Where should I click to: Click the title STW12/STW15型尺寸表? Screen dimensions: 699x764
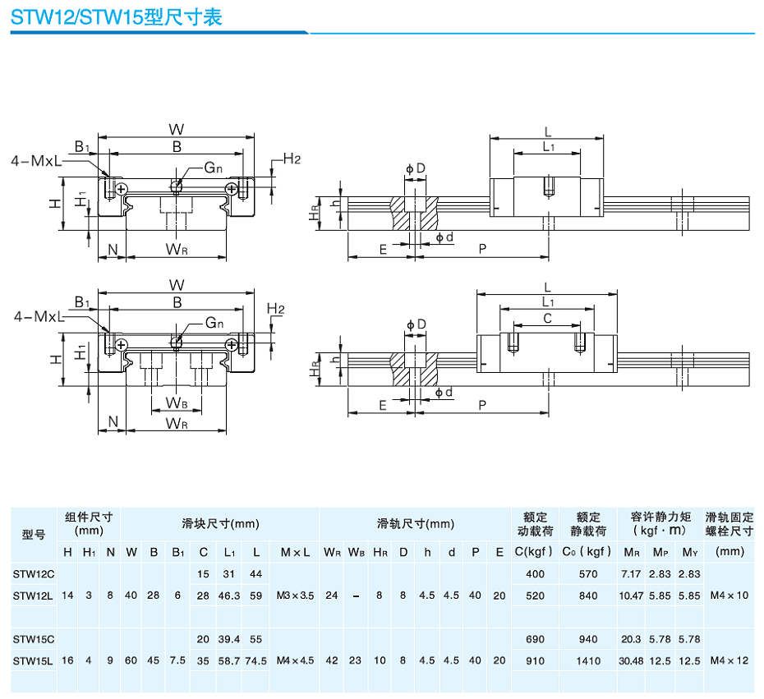116,17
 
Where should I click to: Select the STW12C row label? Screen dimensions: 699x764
33,573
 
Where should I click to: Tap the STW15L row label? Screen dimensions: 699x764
33,660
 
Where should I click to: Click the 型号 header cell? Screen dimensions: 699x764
33,535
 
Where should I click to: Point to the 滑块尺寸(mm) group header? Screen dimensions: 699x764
220,523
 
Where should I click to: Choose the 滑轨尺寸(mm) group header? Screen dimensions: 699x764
415,523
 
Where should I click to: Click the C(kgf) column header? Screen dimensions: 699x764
535,551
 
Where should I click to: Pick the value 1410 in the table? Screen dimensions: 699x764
588,660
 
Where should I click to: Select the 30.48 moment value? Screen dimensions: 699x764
631,660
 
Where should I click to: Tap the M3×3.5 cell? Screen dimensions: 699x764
296,596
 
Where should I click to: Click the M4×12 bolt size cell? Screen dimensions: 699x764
729,660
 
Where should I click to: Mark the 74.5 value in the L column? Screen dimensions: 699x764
256,660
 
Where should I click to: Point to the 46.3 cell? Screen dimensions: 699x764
230,596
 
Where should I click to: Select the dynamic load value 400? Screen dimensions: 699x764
535,573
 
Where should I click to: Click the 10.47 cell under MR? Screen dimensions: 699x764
631,596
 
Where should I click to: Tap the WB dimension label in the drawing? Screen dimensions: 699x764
176,402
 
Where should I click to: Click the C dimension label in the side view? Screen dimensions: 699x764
547,318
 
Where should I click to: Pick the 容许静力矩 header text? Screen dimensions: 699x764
660,517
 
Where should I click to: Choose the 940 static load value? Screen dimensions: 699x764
588,638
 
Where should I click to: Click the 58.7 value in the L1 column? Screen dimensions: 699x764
230,660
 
